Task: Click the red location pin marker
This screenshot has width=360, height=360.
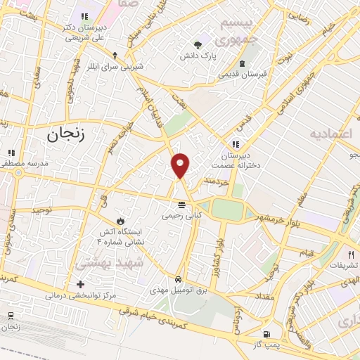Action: point(181,165)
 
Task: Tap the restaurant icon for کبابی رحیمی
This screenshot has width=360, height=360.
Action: point(182,205)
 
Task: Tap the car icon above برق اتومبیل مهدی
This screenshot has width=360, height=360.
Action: point(181,279)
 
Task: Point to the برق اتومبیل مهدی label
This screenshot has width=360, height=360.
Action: point(179,290)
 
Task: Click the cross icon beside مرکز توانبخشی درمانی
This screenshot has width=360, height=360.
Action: point(80,285)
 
